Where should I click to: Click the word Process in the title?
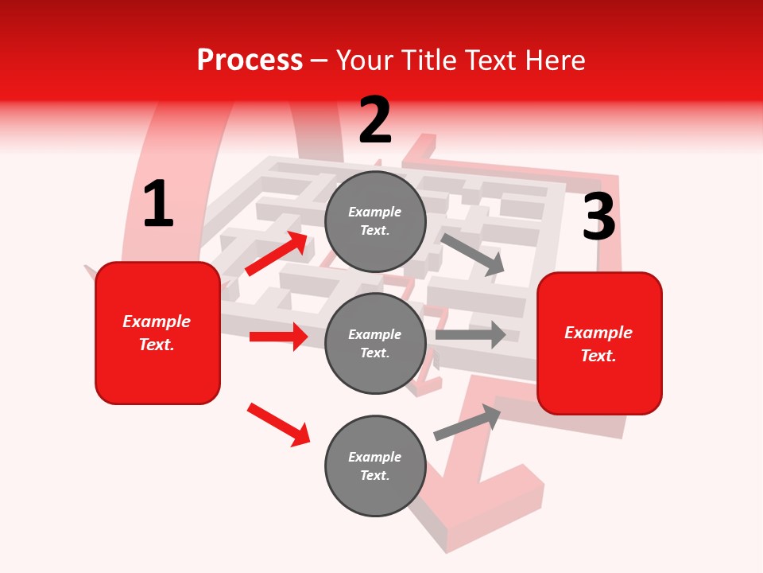[x=250, y=60]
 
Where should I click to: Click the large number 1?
[x=158, y=205]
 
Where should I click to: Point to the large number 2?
[x=375, y=120]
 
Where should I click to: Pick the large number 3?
[x=598, y=217]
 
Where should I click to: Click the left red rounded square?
[x=157, y=333]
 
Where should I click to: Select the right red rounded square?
[x=599, y=343]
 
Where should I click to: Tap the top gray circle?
[x=375, y=221]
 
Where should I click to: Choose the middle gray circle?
[x=375, y=343]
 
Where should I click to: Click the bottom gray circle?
[x=375, y=466]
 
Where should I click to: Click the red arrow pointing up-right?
[x=277, y=253]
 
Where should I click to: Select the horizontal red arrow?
[x=278, y=337]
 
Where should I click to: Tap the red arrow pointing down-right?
[x=279, y=424]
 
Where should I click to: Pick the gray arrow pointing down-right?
[x=473, y=254]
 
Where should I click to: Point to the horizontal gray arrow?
[x=471, y=335]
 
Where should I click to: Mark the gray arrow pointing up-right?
[x=467, y=422]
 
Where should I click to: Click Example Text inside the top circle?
[x=375, y=221]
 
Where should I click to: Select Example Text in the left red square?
[x=157, y=333]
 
